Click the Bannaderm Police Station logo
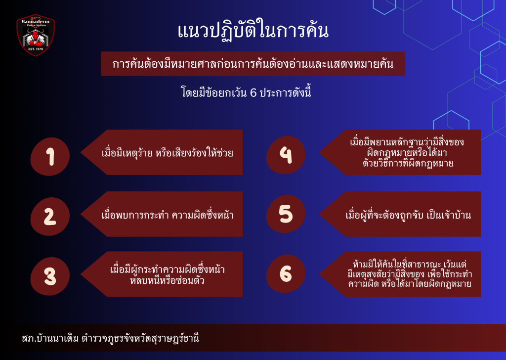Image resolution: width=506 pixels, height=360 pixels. (36, 35)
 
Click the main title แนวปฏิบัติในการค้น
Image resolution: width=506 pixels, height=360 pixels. (253, 31)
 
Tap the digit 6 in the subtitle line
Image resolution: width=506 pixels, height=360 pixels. (253, 93)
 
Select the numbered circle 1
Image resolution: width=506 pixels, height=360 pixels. (50, 157)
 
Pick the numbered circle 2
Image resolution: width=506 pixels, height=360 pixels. (50, 216)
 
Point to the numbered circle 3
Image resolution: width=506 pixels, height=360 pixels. (50, 276)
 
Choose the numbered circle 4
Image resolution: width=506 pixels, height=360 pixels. (286, 155)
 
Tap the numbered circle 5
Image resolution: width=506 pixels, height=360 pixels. (286, 214)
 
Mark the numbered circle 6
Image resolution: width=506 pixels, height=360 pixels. (286, 274)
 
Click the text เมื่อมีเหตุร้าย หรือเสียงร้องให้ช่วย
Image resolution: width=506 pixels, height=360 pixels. (167, 152)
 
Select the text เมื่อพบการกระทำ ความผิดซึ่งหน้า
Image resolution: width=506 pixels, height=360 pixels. (167, 215)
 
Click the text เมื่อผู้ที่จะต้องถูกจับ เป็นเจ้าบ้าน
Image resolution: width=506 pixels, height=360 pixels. (408, 215)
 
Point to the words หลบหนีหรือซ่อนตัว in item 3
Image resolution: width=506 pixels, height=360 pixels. (167, 280)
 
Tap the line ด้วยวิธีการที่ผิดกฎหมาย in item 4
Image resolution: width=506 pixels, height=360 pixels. (408, 163)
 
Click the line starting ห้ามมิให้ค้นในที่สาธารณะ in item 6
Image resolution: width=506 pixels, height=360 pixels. (410, 264)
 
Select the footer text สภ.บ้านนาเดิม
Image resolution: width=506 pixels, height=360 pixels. (50, 338)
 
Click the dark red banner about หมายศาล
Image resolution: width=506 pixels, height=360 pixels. (253, 64)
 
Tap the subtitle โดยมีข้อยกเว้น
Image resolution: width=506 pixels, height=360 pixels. (214, 93)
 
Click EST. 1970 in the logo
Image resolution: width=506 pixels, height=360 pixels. (36, 49)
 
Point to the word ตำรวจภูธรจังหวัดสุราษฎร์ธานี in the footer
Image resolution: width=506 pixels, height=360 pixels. (140, 338)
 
